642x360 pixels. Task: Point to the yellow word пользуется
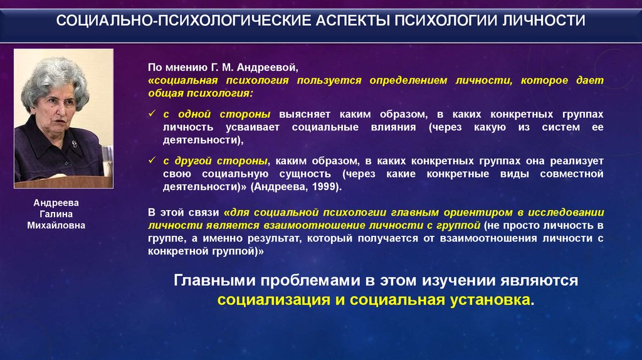(329, 80)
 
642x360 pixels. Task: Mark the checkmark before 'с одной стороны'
(152, 114)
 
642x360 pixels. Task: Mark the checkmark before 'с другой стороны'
(152, 160)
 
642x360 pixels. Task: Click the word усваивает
(252, 127)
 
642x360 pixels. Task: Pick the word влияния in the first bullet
(393, 127)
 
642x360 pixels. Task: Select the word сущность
(305, 174)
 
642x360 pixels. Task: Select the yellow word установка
(490, 300)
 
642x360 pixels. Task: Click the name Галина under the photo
(56, 214)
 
